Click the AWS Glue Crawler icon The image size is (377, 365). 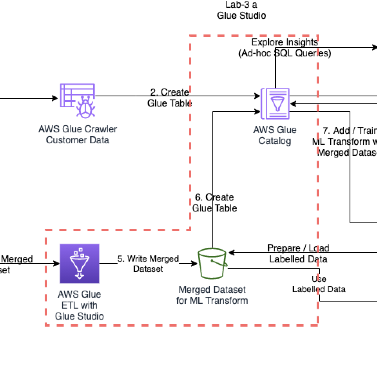pyautogui.click(x=77, y=100)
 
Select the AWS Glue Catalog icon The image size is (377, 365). pyautogui.click(x=275, y=104)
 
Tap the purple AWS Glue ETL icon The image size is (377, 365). pyautogui.click(x=80, y=264)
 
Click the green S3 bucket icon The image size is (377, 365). pyautogui.click(x=212, y=264)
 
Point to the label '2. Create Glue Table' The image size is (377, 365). pyautogui.click(x=170, y=98)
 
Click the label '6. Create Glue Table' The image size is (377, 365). pyautogui.click(x=214, y=202)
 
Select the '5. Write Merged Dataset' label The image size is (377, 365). pyautogui.click(x=148, y=264)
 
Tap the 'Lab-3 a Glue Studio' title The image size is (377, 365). pyautogui.click(x=241, y=10)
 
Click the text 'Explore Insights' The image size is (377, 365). pyautogui.click(x=285, y=42)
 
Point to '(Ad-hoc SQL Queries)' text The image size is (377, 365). pyautogui.click(x=285, y=53)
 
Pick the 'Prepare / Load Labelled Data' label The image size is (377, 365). pyautogui.click(x=298, y=253)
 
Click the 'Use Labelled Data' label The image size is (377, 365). pyautogui.click(x=319, y=284)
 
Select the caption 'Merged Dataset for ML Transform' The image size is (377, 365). pyautogui.click(x=212, y=295)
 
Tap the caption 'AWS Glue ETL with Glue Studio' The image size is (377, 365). pyautogui.click(x=80, y=305)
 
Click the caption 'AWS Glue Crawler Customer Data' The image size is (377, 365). pyautogui.click(x=78, y=134)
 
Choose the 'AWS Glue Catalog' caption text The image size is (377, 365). pyautogui.click(x=275, y=135)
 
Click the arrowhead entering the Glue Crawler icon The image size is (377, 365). pyautogui.click(x=56, y=98)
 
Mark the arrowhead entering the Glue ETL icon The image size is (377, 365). pyautogui.click(x=56, y=264)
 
